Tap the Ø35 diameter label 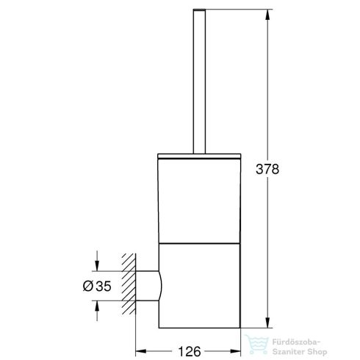point(97,284)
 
